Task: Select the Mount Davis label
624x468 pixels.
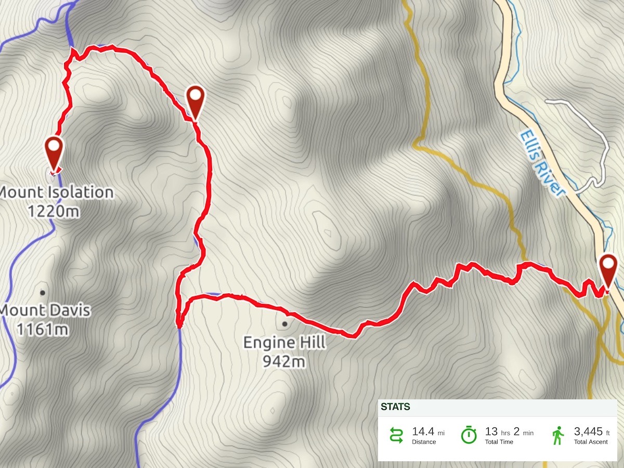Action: click(x=46, y=311)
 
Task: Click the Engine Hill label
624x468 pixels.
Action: click(x=284, y=342)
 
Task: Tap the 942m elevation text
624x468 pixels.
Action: click(x=283, y=361)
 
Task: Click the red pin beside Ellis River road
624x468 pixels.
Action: click(x=607, y=268)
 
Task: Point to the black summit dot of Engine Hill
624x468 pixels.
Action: click(x=284, y=324)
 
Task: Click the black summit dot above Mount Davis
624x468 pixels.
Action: click(x=42, y=292)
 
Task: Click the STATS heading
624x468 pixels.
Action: click(x=395, y=407)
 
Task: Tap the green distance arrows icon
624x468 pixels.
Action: click(x=397, y=435)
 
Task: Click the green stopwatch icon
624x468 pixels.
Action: click(x=469, y=435)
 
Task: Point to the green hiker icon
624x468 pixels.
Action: click(x=558, y=435)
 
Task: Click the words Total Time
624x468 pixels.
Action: click(x=499, y=442)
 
